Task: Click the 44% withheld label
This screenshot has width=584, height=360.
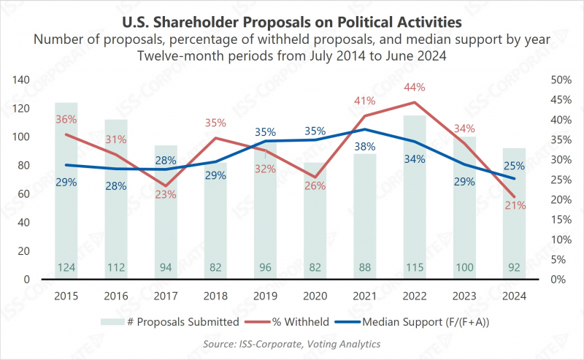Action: pyautogui.click(x=414, y=87)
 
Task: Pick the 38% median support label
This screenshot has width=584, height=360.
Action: pyautogui.click(x=365, y=146)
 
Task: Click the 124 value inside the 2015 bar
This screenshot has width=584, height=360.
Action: pyautogui.click(x=66, y=268)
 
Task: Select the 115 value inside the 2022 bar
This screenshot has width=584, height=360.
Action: pyautogui.click(x=414, y=268)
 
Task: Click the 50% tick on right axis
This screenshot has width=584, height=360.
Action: pyautogui.click(x=559, y=80)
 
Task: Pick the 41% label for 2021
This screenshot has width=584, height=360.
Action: pyautogui.click(x=365, y=100)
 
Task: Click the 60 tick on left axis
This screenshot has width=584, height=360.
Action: pyautogui.click(x=22, y=194)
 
